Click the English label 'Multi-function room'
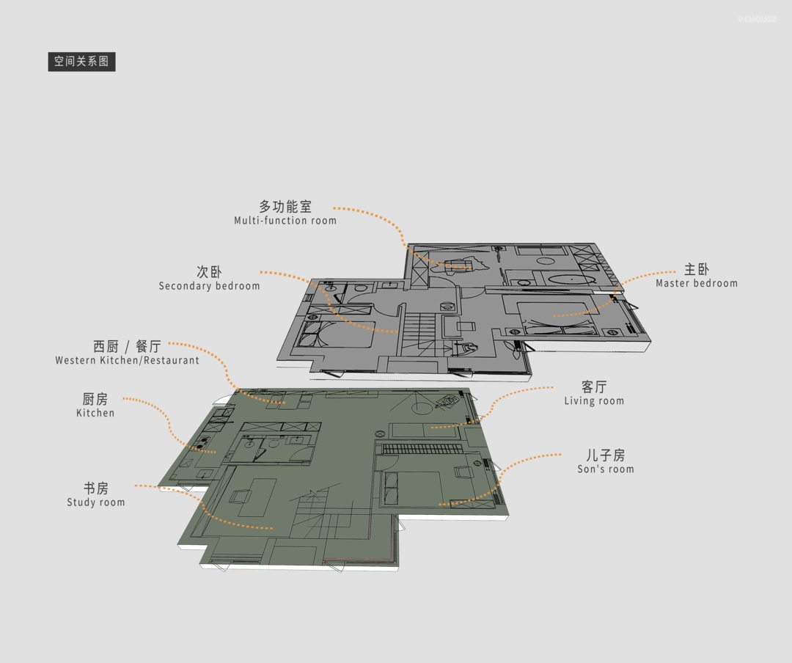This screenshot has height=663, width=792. tap(285, 220)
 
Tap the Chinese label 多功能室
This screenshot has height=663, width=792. tap(285, 207)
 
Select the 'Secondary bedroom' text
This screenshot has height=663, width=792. tap(209, 286)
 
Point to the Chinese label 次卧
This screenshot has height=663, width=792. tap(209, 272)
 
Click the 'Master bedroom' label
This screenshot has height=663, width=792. tap(696, 283)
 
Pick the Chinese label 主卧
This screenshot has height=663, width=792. tap(696, 269)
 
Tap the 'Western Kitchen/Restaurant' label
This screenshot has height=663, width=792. tap(127, 360)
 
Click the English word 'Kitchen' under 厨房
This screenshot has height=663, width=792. tap(95, 413)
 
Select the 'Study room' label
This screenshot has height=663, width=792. tap(95, 502)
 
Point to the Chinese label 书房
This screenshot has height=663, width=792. tap(95, 488)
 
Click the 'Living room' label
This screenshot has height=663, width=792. tap(594, 400)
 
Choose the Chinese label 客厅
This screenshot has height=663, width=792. tap(594, 387)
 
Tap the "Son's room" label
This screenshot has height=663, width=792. tap(605, 469)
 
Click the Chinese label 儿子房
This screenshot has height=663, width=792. tap(605, 455)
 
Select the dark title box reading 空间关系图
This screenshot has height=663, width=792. tap(81, 61)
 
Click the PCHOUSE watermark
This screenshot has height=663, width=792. tap(757, 19)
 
